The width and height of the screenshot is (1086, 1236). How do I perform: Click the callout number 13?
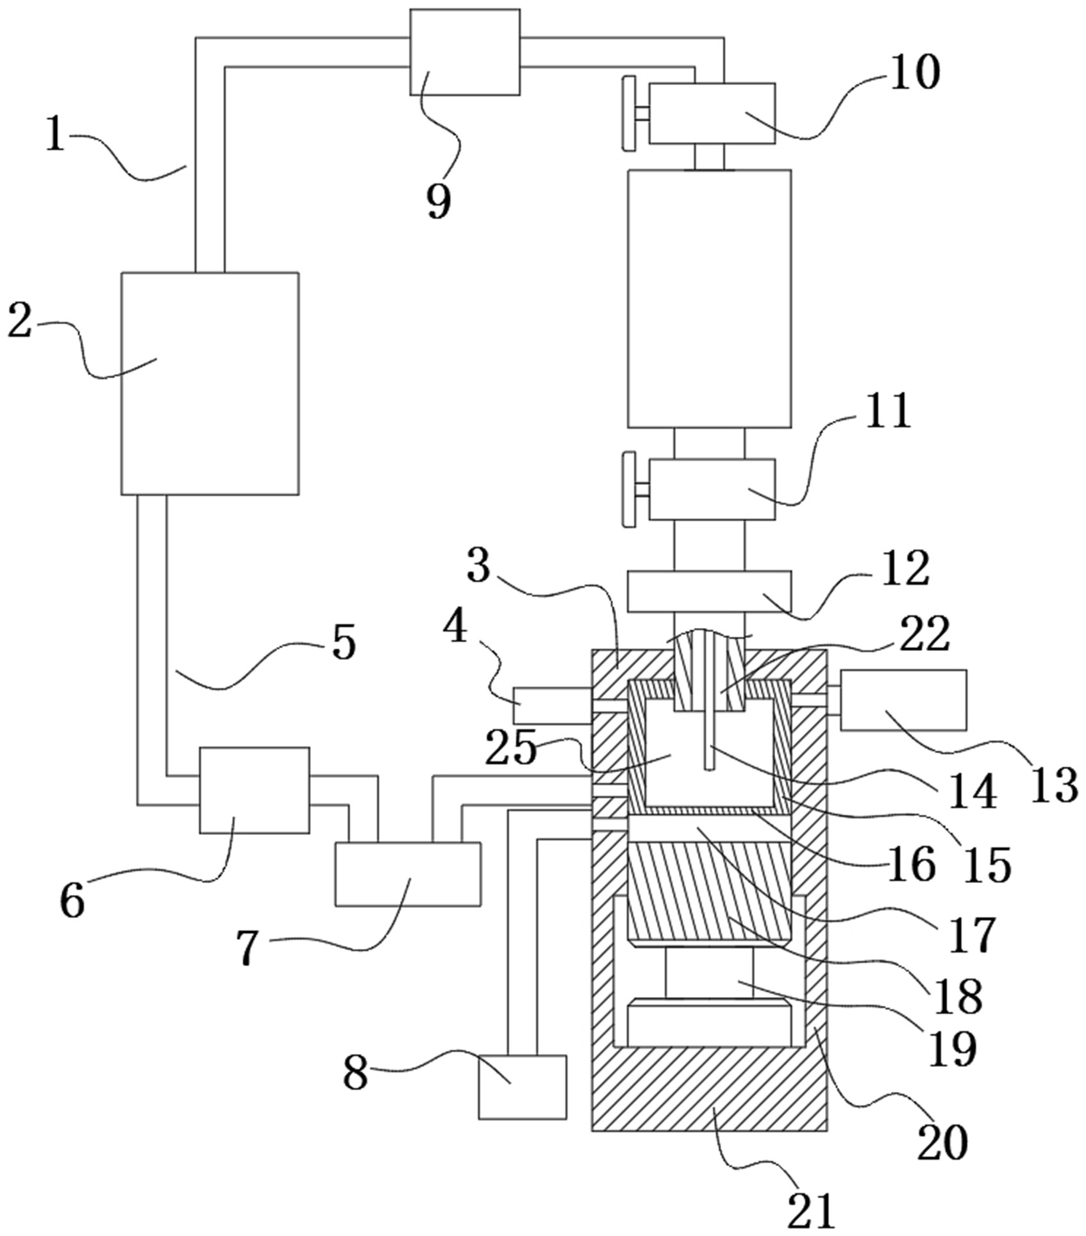(1055, 786)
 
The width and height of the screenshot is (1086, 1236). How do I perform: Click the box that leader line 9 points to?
(465, 52)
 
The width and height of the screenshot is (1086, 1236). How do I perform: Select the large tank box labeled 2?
(210, 383)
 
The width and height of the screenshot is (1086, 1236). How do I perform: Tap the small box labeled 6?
(255, 790)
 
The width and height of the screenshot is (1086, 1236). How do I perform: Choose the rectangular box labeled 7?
(408, 874)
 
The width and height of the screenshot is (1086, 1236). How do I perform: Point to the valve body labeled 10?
(712, 113)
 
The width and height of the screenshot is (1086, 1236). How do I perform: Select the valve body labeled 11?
(712, 489)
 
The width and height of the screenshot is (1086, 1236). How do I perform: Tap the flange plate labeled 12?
(709, 591)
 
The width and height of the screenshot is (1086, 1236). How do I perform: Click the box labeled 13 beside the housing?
(903, 700)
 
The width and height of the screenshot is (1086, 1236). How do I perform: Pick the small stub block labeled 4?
(552, 706)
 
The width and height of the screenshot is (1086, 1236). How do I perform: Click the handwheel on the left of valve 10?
(630, 114)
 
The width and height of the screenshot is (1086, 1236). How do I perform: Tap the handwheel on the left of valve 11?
(630, 490)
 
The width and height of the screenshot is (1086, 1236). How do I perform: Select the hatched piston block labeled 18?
(710, 894)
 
